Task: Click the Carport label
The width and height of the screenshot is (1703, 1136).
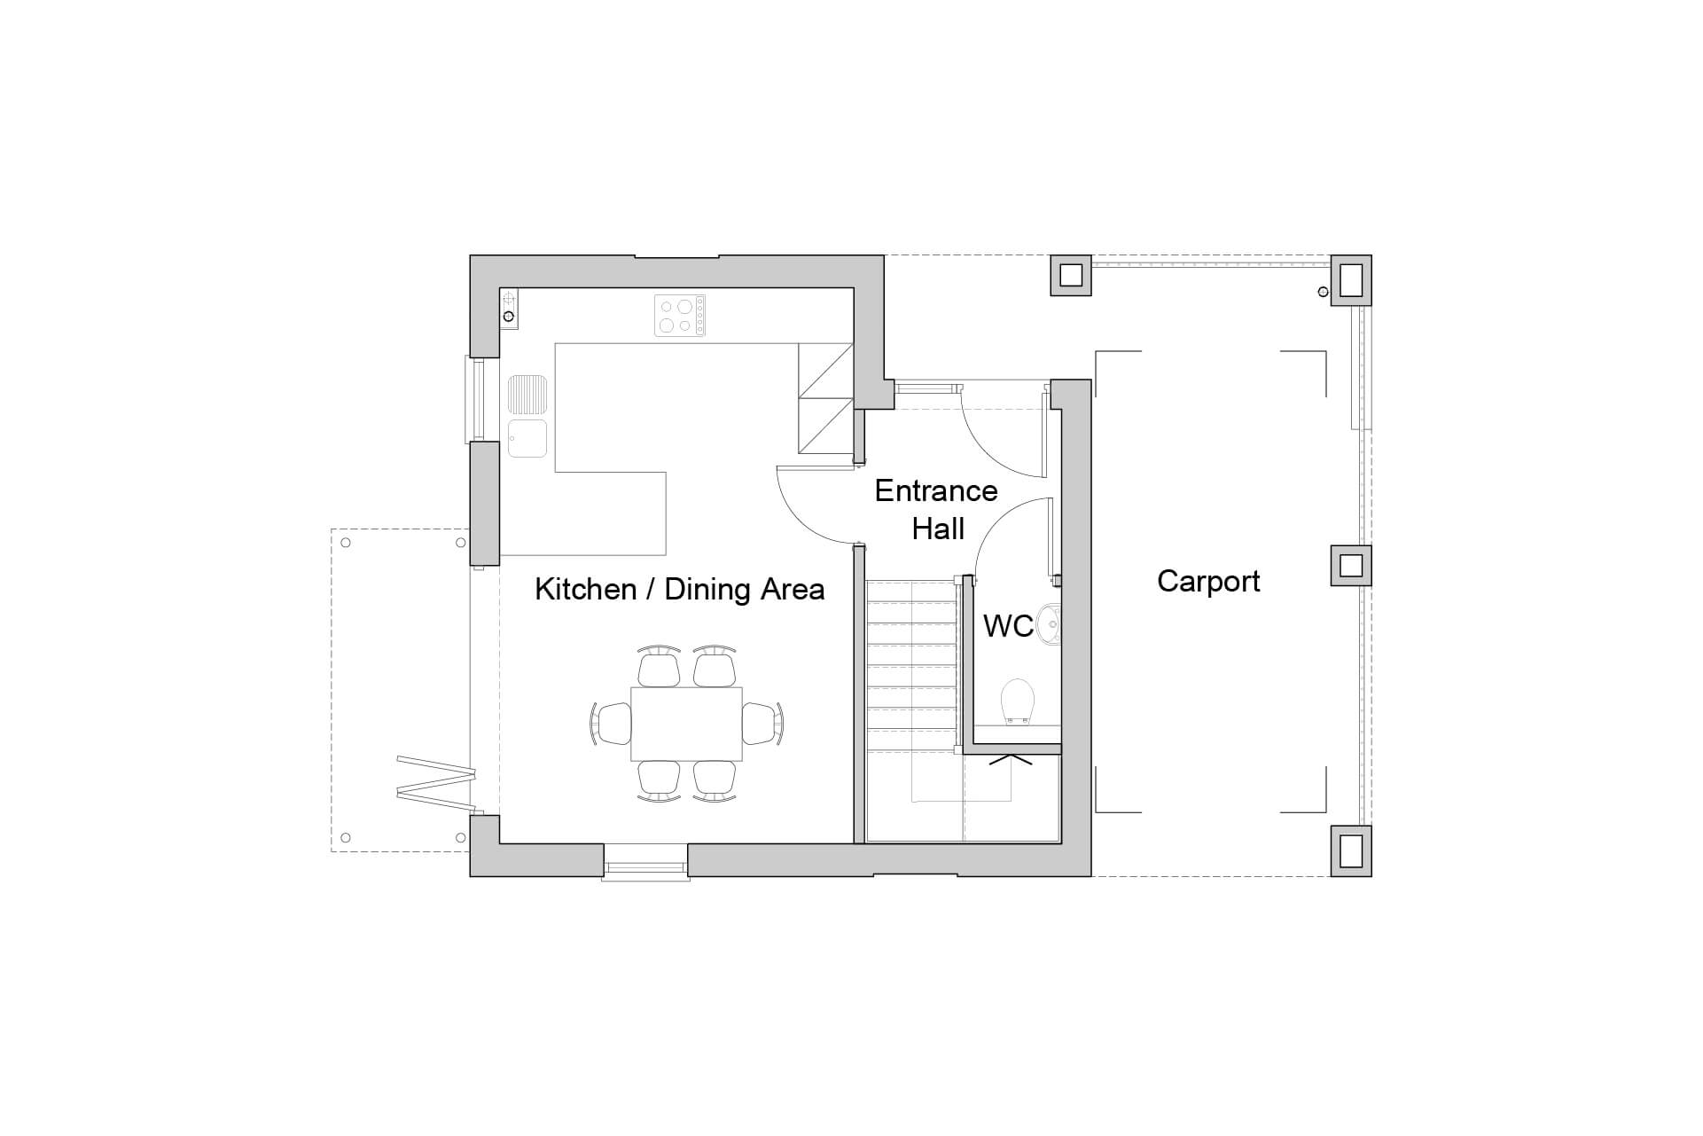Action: (x=1208, y=582)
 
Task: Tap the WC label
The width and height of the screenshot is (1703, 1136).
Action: (x=1008, y=626)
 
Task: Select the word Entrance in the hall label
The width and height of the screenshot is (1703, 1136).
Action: (x=936, y=491)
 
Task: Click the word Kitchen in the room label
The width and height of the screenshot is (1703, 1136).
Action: (x=585, y=590)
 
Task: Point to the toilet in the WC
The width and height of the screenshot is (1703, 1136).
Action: (x=1017, y=702)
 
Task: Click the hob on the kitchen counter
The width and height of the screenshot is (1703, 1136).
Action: (x=680, y=316)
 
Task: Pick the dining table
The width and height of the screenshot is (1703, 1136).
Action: (x=686, y=724)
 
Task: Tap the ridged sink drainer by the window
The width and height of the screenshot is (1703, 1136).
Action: (x=527, y=396)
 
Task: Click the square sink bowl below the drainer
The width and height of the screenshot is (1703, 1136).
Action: (x=527, y=438)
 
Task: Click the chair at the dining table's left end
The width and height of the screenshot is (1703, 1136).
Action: (x=612, y=723)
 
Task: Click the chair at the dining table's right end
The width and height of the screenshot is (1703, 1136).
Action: (x=762, y=723)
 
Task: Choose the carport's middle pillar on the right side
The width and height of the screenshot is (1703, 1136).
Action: (x=1350, y=566)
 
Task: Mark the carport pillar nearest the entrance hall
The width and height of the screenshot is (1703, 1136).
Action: (x=1070, y=275)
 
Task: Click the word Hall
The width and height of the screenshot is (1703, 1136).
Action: (x=938, y=529)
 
